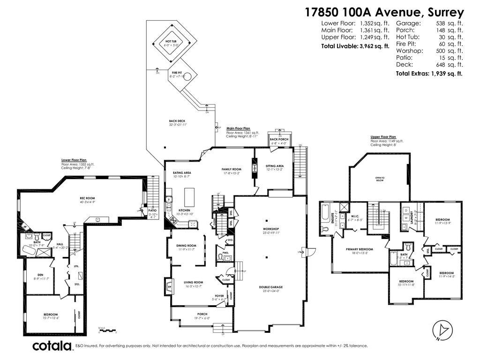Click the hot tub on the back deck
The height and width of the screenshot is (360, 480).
(x=171, y=44)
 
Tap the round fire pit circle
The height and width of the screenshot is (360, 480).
(x=187, y=77)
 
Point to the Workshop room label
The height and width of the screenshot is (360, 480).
(x=270, y=230)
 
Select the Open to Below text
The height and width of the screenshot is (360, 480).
(x=380, y=178)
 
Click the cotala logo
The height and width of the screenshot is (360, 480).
(x=52, y=346)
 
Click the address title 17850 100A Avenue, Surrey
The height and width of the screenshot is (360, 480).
(x=384, y=12)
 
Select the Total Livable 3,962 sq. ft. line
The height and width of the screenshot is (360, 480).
(x=355, y=46)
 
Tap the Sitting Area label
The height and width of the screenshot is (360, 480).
(x=275, y=166)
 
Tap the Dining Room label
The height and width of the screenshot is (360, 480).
(x=186, y=246)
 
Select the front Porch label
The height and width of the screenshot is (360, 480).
(x=202, y=314)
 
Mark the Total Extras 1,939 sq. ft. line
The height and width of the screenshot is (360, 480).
(x=429, y=74)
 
